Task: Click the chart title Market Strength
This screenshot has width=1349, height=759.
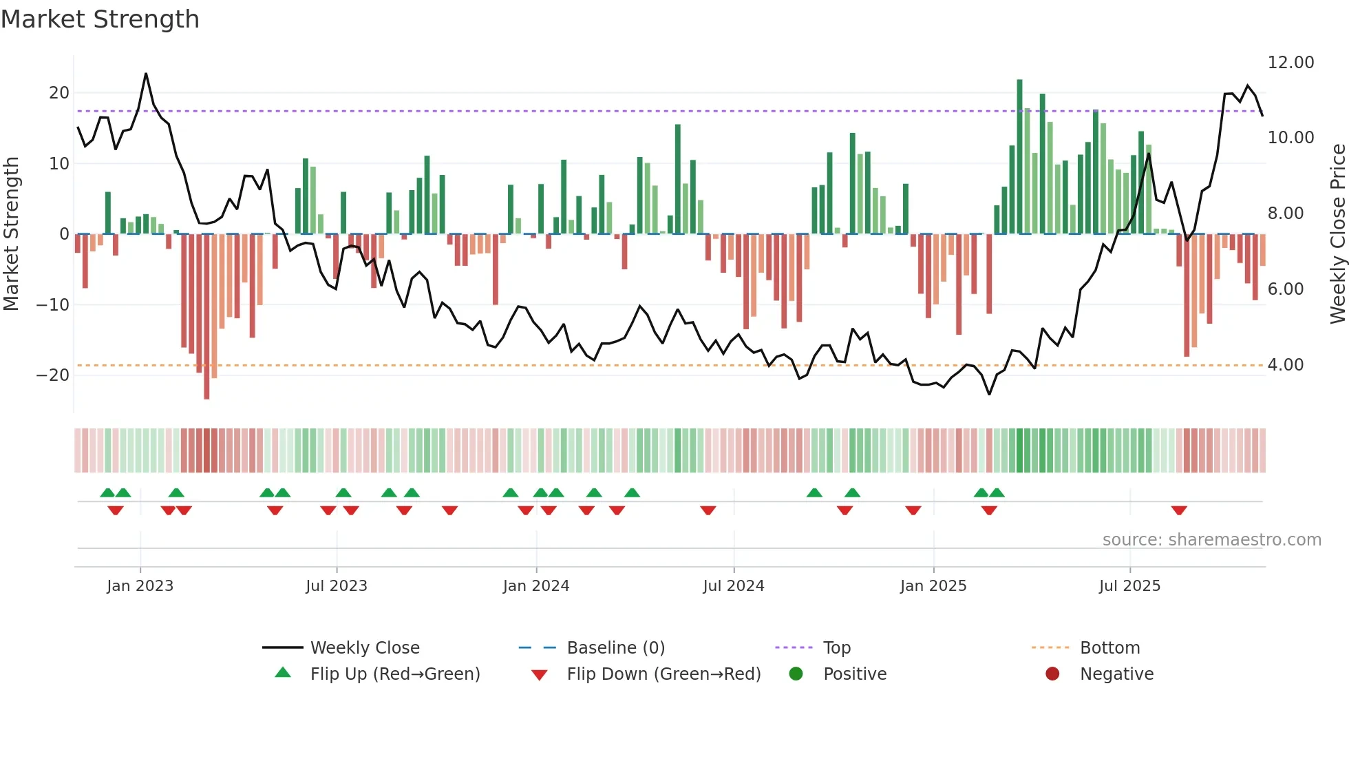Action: (100, 19)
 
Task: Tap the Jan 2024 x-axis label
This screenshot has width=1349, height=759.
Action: (536, 586)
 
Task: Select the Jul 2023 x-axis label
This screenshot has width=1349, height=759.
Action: (337, 586)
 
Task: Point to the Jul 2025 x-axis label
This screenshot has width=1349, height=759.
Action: (1129, 586)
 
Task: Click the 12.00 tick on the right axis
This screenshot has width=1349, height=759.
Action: (1290, 63)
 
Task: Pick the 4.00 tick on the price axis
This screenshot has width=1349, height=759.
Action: (1285, 365)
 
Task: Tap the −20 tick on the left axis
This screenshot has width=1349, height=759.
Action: (54, 375)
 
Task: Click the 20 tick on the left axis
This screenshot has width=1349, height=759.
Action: (59, 93)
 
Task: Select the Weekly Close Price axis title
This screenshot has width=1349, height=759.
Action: (1337, 234)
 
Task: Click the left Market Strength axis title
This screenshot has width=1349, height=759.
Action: (11, 234)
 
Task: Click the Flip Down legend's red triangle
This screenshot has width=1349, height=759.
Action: (540, 675)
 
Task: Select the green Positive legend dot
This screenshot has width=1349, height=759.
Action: (796, 674)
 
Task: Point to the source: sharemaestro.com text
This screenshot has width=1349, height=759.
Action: (1211, 540)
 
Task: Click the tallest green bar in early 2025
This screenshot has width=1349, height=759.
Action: (1019, 157)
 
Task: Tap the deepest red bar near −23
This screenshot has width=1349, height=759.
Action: (206, 317)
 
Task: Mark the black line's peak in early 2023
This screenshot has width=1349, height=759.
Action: (146, 74)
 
